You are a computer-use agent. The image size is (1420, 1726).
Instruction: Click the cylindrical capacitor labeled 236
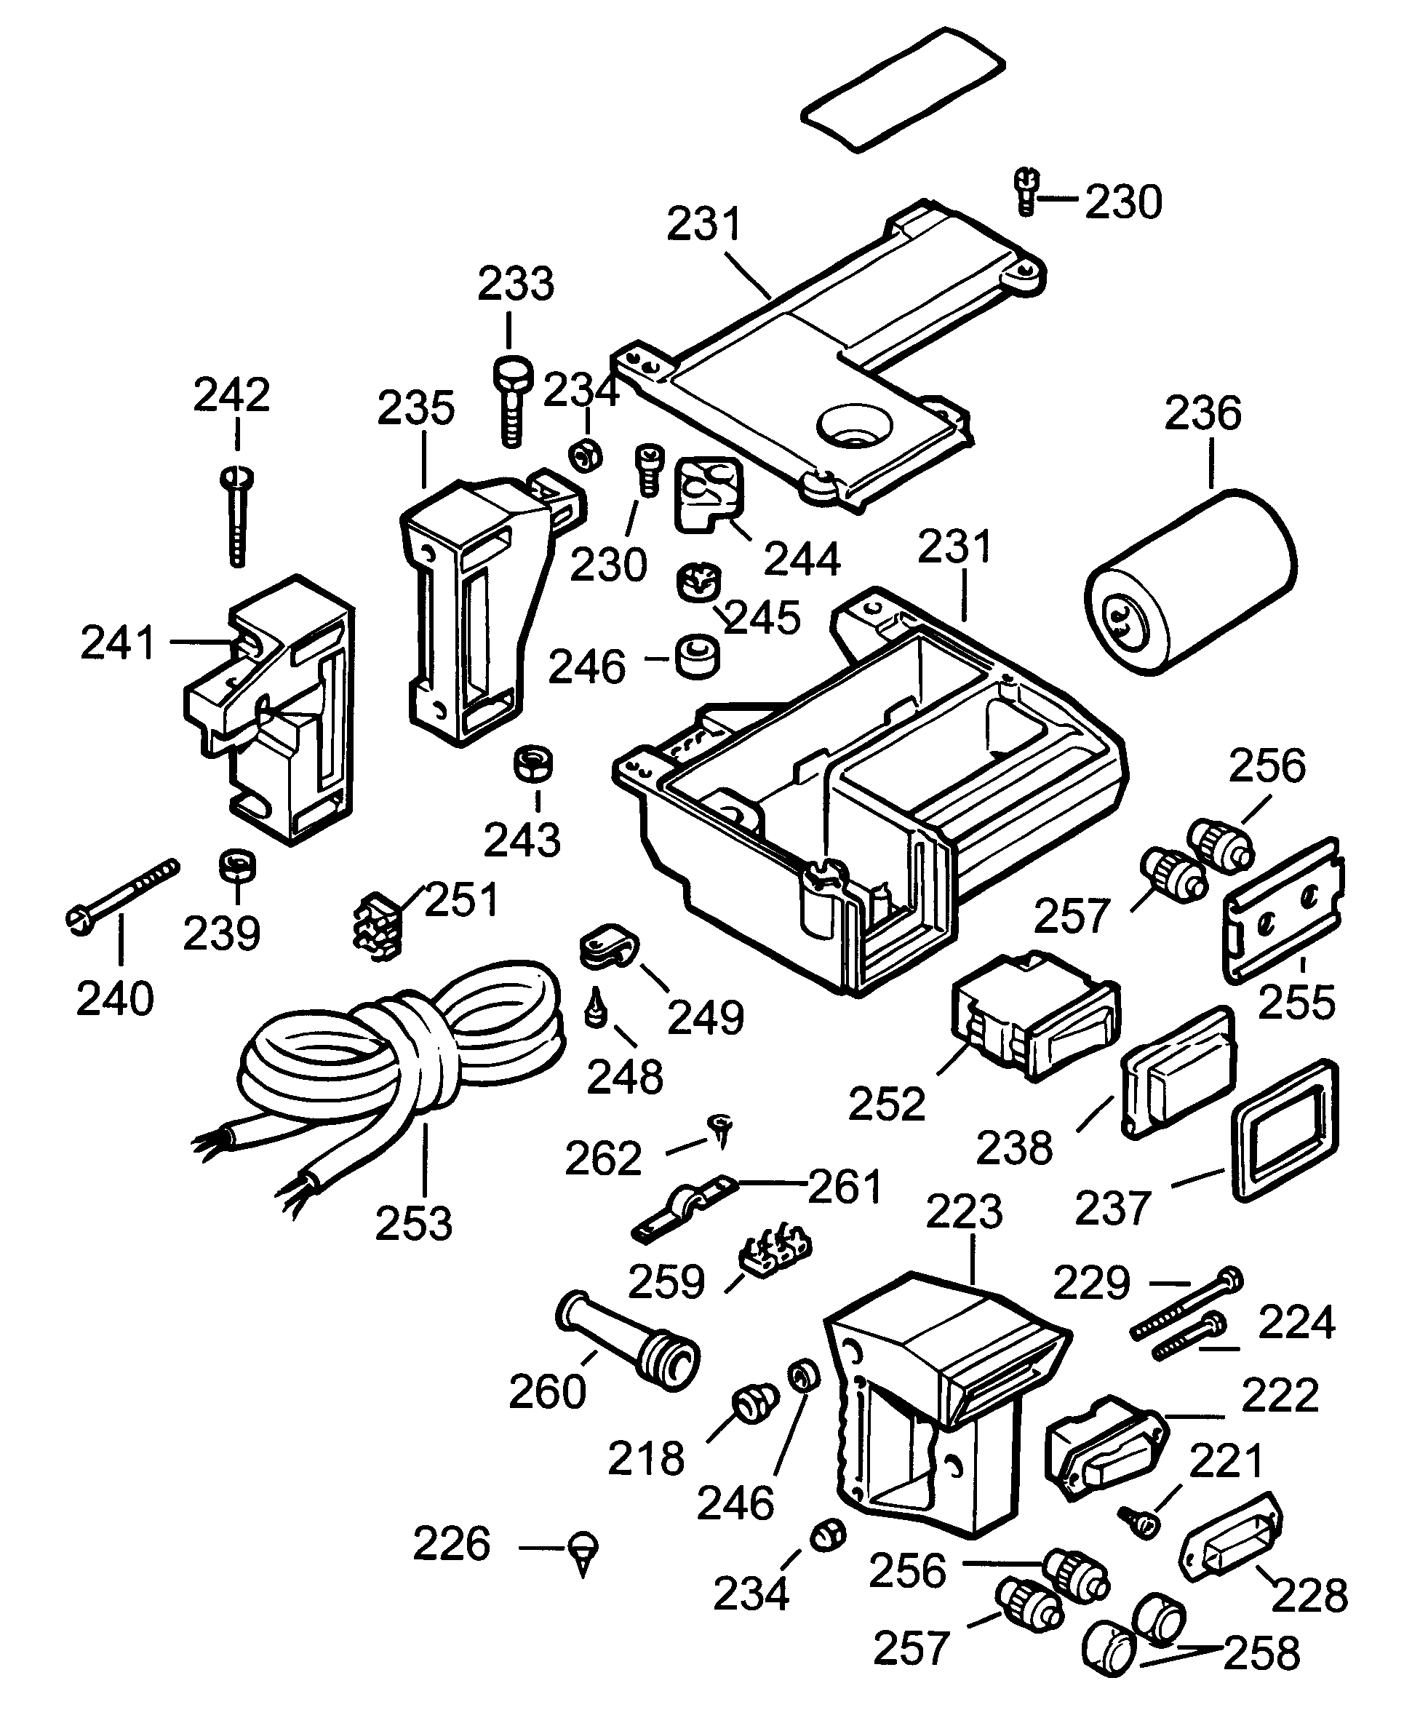click(1191, 581)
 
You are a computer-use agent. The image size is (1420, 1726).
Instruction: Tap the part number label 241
click(118, 643)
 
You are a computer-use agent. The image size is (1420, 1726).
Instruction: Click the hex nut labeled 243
click(532, 764)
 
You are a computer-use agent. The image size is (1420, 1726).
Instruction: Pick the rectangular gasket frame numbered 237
click(1283, 1129)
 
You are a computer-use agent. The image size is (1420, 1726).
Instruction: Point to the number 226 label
click(452, 1543)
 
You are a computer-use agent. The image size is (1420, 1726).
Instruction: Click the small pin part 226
click(583, 1550)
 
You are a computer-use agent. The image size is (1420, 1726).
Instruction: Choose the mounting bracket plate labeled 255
click(1282, 910)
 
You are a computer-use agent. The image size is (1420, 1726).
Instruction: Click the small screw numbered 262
click(721, 1129)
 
